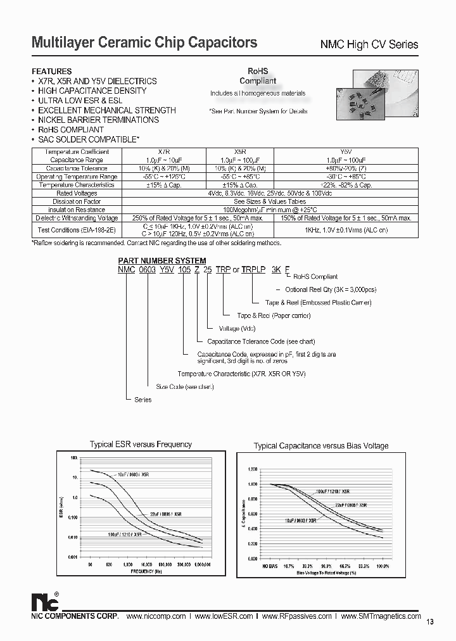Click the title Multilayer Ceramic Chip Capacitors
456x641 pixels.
tap(144, 42)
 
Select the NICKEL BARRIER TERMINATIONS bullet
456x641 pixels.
tap(98, 120)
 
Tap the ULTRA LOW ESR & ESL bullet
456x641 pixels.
tap(84, 101)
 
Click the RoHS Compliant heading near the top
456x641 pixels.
tap(257, 76)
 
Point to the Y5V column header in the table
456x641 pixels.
tap(345, 152)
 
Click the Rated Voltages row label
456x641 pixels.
tap(77, 193)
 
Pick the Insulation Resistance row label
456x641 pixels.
tap(77, 210)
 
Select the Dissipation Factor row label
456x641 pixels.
tap(77, 201)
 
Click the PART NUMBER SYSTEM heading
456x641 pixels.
tap(161, 260)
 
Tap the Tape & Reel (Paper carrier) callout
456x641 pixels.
tap(265, 315)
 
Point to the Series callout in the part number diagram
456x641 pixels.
tap(143, 400)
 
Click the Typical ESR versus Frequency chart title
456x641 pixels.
tap(141, 445)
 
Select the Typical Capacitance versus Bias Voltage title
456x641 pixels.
tap(321, 446)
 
